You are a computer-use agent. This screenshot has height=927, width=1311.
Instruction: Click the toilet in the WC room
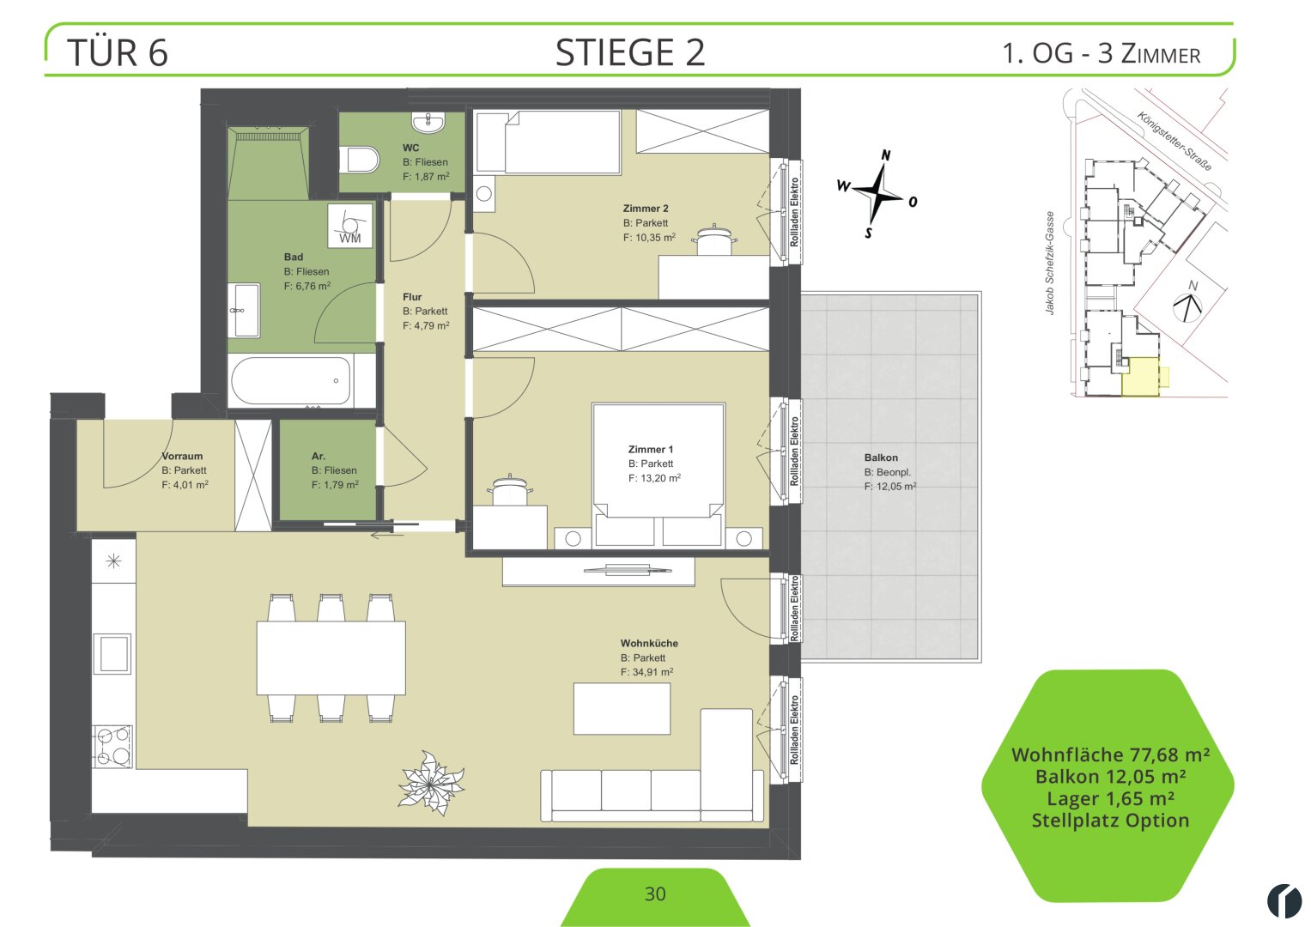click(x=360, y=159)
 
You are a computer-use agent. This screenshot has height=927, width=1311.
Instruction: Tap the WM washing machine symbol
click(x=350, y=225)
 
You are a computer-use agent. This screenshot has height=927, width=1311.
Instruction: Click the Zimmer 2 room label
click(x=645, y=209)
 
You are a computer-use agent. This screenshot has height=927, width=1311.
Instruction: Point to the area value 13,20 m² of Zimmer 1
click(x=654, y=478)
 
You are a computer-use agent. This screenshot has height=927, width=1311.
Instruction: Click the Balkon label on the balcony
click(x=880, y=457)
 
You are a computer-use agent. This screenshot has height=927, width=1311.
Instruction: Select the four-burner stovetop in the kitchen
click(x=113, y=747)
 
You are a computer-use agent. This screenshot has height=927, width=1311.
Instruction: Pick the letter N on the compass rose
click(x=885, y=155)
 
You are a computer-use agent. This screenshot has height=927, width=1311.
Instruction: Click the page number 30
click(x=655, y=894)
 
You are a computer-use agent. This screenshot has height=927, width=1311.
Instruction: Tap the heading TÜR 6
click(x=118, y=52)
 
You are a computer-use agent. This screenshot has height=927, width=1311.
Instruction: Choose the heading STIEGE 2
click(x=630, y=52)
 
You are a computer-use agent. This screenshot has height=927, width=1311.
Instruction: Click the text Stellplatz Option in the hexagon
click(x=1110, y=821)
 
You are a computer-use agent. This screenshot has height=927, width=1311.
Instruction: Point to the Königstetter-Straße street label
click(x=1174, y=141)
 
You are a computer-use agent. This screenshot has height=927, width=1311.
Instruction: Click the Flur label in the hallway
click(x=412, y=297)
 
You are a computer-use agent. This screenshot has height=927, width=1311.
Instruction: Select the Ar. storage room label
click(x=319, y=456)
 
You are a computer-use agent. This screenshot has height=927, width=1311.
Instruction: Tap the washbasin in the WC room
click(x=428, y=122)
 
